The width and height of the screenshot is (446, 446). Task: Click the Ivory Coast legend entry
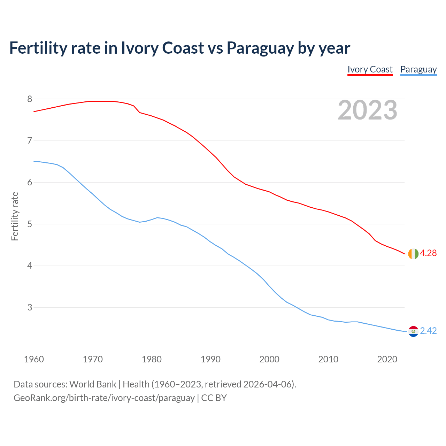370,69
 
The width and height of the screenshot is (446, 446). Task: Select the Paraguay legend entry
418,69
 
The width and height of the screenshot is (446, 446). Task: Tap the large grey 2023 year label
367,110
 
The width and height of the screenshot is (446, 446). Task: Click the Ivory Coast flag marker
413,254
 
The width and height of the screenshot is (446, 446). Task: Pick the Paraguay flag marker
413,331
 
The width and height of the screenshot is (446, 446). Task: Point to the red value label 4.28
428,253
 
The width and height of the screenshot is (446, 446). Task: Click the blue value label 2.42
428,331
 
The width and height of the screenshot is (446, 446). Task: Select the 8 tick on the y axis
30,99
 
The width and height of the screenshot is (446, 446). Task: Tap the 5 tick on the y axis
30,224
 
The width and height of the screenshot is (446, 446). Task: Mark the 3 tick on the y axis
30,308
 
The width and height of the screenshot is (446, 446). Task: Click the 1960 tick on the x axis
34,359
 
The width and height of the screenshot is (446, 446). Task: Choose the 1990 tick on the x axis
210,359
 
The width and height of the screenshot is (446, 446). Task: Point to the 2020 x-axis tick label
387,359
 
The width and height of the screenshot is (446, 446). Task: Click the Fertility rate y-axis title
15,216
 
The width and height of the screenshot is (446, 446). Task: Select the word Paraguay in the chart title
260,48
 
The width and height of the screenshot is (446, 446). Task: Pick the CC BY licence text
214,398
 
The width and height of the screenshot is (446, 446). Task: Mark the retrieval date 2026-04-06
267,384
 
